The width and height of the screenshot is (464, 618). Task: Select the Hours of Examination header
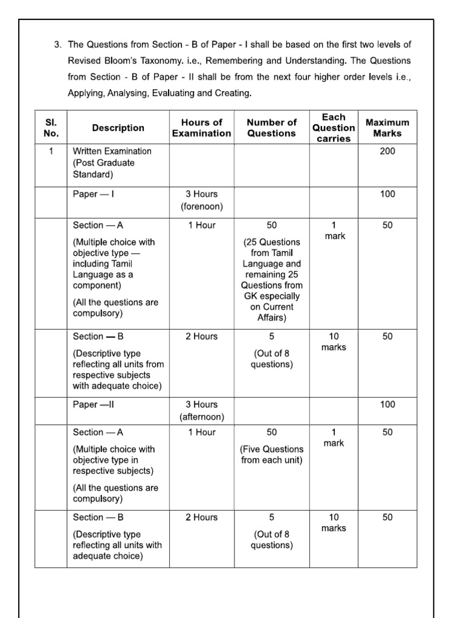tap(201, 128)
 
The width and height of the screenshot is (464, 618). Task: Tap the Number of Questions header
tap(271, 128)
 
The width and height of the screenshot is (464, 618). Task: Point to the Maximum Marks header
tap(387, 128)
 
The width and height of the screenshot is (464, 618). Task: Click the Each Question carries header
tap(333, 128)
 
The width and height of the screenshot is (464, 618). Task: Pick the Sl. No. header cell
tap(51, 128)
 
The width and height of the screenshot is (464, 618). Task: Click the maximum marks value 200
tap(387, 151)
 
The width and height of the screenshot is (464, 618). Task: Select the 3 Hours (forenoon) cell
tap(201, 200)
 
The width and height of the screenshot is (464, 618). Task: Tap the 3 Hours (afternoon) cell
tap(201, 410)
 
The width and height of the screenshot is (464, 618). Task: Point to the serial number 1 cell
tap(51, 151)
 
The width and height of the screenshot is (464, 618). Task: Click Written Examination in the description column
tap(112, 151)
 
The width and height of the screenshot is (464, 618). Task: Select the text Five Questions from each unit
tap(272, 454)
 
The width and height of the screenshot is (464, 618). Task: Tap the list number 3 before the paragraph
tap(57, 45)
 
